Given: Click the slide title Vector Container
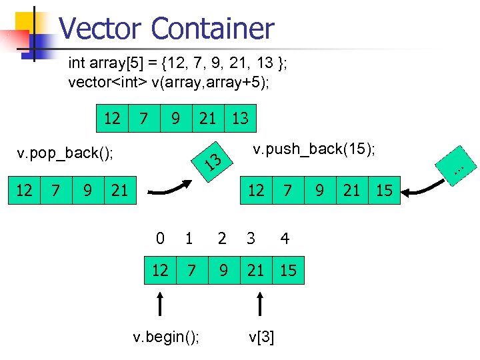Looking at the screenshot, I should click(166, 29).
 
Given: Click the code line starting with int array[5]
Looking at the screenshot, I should click(177, 64).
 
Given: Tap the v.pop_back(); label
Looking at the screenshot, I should click(65, 154).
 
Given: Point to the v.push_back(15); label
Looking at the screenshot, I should click(315, 149).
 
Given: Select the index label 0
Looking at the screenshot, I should click(159, 238).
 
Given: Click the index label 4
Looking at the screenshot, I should click(285, 238).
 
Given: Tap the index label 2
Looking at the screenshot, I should click(222, 238).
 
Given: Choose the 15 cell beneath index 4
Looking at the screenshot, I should click(288, 270).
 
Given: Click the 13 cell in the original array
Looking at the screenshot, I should click(240, 119).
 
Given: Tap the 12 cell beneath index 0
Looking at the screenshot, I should click(160, 270).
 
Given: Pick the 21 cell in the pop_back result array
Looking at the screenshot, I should click(120, 191).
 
